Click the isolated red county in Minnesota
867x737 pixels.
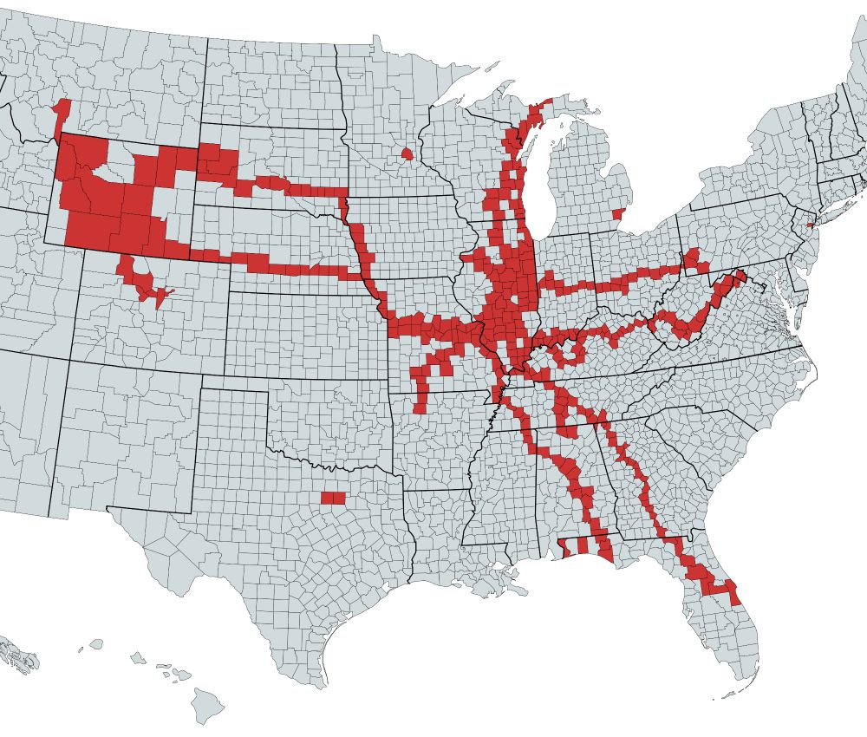[x=407, y=154]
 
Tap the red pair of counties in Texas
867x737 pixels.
[x=332, y=498]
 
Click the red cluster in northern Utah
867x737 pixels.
[x=143, y=281]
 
